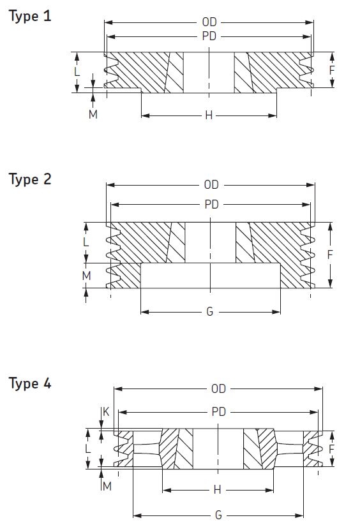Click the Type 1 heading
pyautogui.click(x=30, y=17)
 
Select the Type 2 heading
pyautogui.click(x=30, y=179)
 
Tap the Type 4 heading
pyautogui.click(x=30, y=383)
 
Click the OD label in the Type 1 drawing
pyautogui.click(x=209, y=22)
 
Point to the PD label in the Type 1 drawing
pyautogui.click(x=209, y=36)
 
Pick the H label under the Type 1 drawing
pyautogui.click(x=209, y=115)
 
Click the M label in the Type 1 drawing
pyautogui.click(x=93, y=114)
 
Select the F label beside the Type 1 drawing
pyautogui.click(x=332, y=70)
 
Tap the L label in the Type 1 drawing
pyautogui.click(x=77, y=71)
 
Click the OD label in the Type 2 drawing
pyautogui.click(x=211, y=185)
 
